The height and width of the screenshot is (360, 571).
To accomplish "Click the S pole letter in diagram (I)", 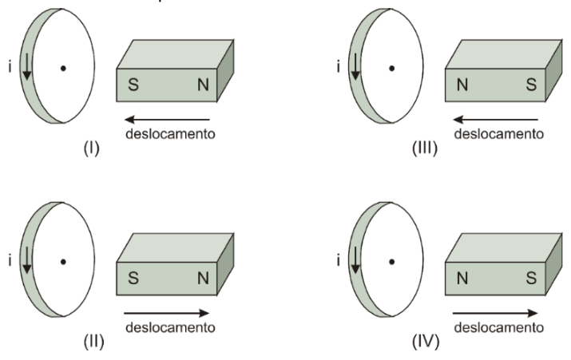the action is click(x=133, y=85).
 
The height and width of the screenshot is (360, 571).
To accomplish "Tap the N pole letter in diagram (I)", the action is click(x=203, y=85).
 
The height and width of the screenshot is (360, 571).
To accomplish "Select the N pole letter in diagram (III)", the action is click(x=462, y=85).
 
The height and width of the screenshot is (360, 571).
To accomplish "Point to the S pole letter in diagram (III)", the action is click(x=531, y=85).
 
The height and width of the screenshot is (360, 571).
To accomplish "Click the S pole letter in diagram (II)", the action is click(x=133, y=278).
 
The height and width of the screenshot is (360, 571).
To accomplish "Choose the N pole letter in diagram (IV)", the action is click(x=462, y=278).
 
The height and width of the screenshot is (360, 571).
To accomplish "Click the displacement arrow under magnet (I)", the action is click(x=167, y=120).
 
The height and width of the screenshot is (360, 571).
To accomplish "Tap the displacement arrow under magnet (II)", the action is click(x=167, y=313).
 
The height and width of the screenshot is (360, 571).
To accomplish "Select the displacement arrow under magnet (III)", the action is click(x=496, y=120).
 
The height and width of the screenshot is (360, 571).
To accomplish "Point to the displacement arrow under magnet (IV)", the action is click(x=495, y=313).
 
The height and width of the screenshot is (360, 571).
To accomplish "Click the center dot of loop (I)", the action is click(x=63, y=68).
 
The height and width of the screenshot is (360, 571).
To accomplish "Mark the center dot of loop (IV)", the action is click(x=392, y=262).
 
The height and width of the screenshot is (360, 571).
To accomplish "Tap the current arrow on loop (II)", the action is click(x=27, y=260).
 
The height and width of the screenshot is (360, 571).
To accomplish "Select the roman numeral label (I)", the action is click(x=91, y=148).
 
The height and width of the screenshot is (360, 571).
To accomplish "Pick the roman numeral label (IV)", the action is click(x=426, y=342).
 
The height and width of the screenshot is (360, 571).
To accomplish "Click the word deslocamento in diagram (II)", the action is click(x=170, y=327).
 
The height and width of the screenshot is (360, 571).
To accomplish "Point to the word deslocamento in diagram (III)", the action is click(x=499, y=134).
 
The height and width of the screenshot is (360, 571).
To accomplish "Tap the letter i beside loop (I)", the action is click(x=10, y=67).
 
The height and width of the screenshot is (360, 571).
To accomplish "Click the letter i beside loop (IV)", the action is click(x=339, y=261).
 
